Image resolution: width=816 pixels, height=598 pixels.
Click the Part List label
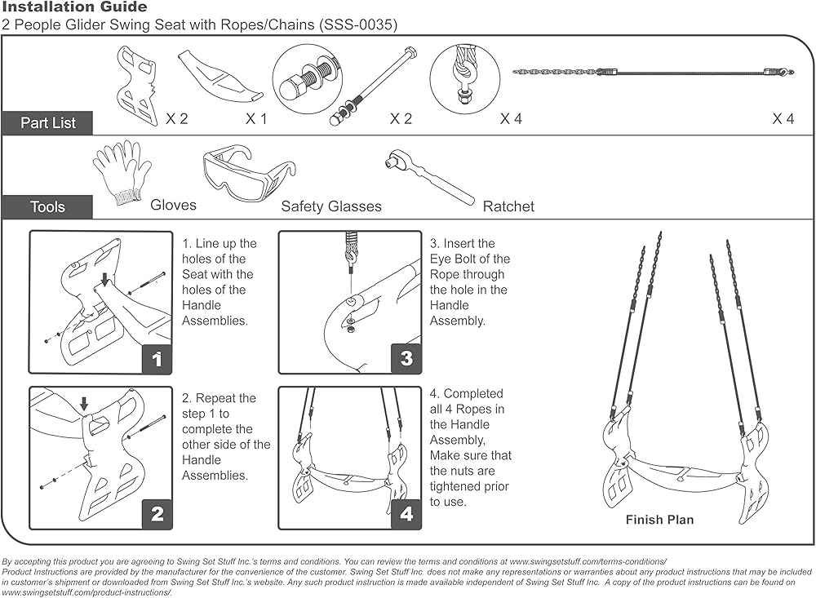pos(47,123)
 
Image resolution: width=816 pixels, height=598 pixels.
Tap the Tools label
pos(47,207)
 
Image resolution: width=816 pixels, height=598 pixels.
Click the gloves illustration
pos(122,172)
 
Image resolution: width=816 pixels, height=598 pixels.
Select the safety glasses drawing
pos(249,172)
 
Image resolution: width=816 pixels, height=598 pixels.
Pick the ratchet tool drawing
pos(429,176)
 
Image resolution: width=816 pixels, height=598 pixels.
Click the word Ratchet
pos(508,207)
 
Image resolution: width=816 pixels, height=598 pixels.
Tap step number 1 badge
pos(157,359)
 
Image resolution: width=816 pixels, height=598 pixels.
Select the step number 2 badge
pos(157,514)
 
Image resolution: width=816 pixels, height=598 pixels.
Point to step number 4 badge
pos(406,514)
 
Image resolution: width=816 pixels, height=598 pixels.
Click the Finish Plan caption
pos(659,520)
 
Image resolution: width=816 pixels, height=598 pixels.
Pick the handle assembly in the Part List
pos(137,85)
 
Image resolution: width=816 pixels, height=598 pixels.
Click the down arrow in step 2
pos(84,404)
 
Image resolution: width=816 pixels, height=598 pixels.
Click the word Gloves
pos(173,205)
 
